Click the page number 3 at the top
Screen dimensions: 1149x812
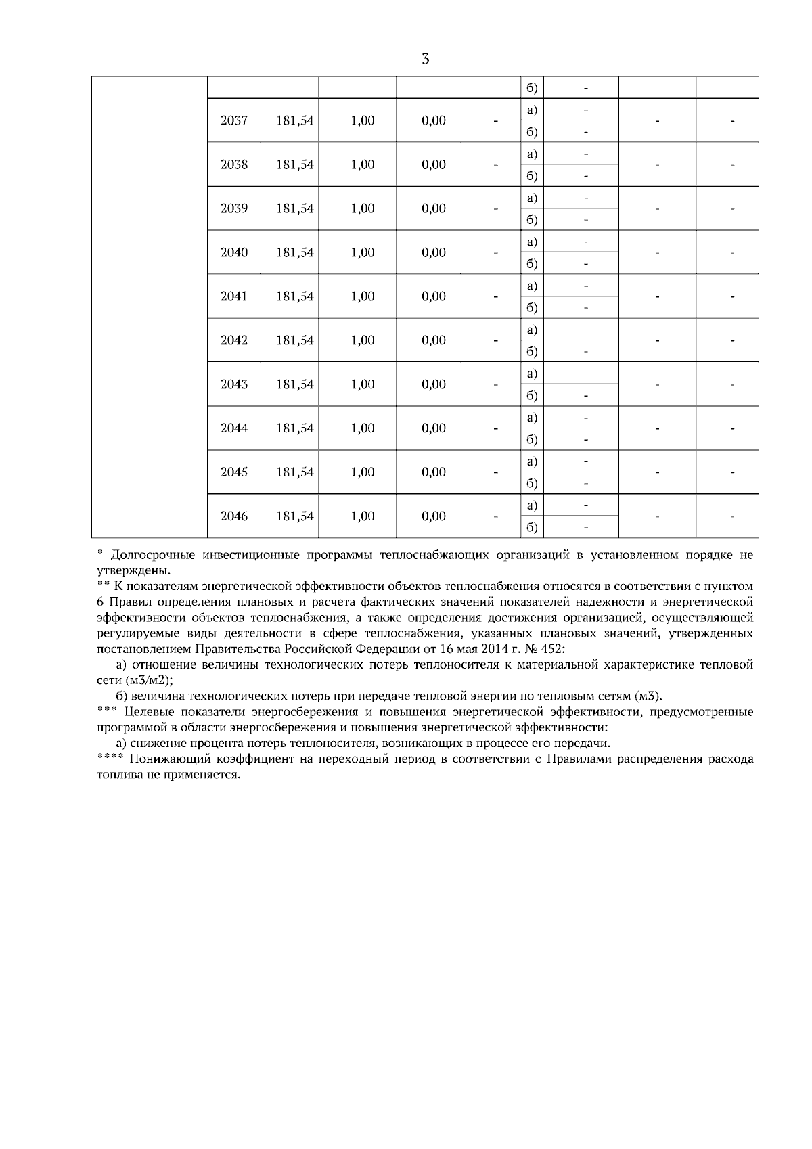[x=425, y=59]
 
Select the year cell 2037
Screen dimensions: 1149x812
[x=234, y=120]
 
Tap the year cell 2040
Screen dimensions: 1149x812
[x=234, y=252]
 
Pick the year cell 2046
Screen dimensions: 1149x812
[x=234, y=516]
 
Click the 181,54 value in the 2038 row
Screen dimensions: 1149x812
[x=295, y=164]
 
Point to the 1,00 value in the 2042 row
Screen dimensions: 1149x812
[x=363, y=340]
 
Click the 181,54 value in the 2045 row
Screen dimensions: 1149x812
[x=295, y=472]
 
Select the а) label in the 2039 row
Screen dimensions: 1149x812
[x=532, y=198]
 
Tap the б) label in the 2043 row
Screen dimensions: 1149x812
[x=532, y=395]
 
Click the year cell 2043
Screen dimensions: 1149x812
[x=234, y=384]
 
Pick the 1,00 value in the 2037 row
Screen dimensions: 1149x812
[x=363, y=120]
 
